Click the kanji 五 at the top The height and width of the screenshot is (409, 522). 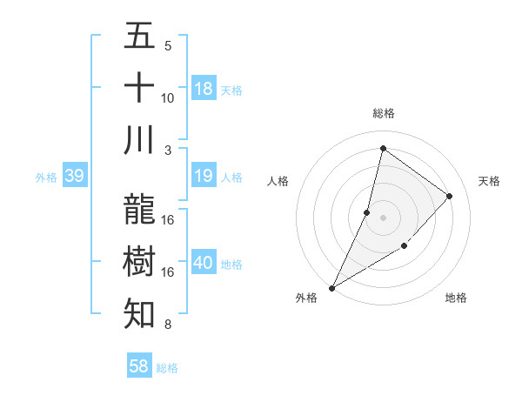point(140,37)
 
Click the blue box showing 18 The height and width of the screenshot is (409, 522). point(204,89)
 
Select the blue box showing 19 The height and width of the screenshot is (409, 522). point(204,177)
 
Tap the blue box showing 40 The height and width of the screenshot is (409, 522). point(204,263)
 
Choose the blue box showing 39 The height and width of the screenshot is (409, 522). point(74,177)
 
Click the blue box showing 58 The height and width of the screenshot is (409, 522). point(139,366)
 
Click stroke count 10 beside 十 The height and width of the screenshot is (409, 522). point(168,97)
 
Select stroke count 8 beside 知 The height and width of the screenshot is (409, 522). point(168,325)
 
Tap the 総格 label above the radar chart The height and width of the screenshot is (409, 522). point(383,113)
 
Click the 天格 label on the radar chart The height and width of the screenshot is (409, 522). point(489,181)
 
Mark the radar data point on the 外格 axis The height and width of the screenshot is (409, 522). point(332,287)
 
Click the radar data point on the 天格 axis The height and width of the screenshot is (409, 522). point(450,196)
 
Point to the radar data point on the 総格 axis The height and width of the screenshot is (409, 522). point(383,149)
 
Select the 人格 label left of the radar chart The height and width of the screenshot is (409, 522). point(278,181)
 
